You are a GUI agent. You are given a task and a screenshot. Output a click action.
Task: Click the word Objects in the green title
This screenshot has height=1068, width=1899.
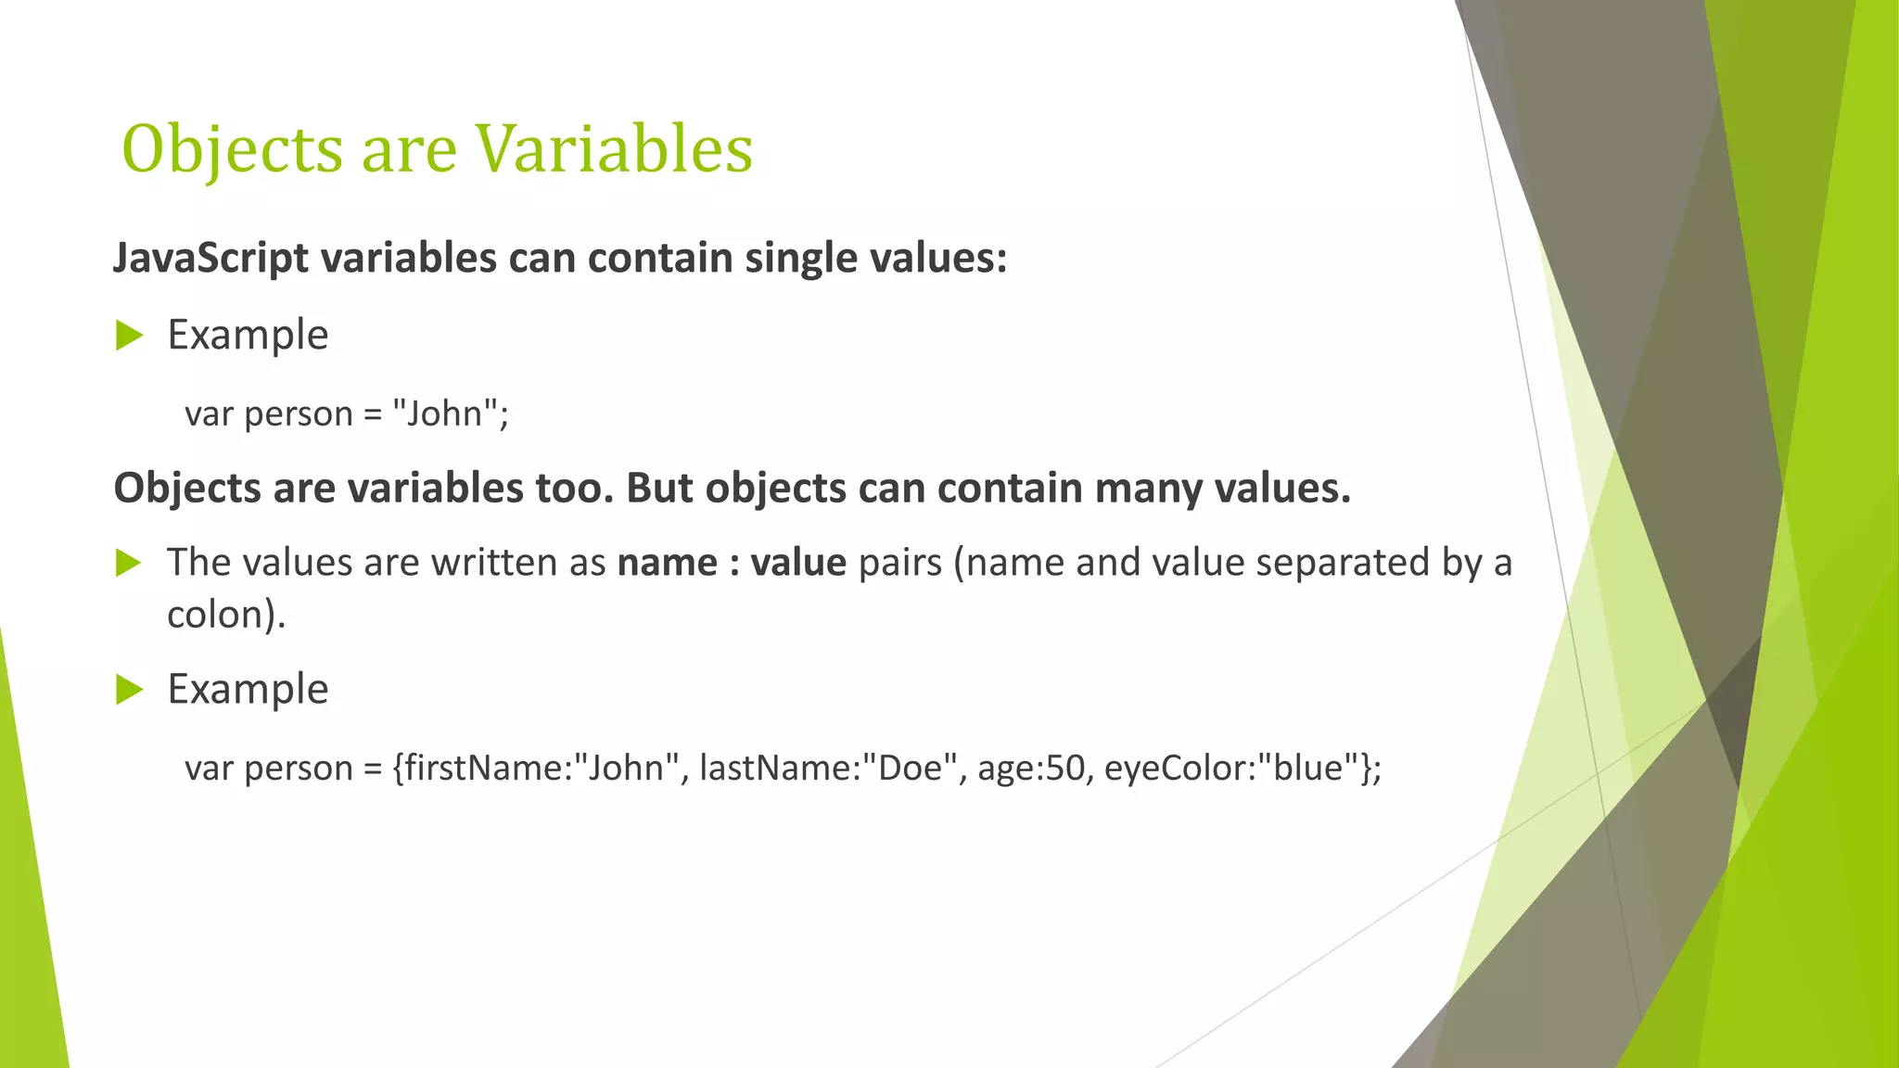tap(232, 149)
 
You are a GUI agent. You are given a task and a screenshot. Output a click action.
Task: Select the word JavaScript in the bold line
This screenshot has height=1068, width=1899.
tap(210, 258)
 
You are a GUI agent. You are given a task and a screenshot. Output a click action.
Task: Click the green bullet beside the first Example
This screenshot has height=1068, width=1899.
tap(129, 336)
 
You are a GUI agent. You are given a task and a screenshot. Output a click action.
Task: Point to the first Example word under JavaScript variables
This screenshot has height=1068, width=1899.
tap(248, 335)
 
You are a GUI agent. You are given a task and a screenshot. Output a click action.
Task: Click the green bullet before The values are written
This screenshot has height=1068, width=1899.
tap(129, 563)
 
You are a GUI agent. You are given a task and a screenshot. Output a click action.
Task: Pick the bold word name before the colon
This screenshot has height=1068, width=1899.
tap(667, 563)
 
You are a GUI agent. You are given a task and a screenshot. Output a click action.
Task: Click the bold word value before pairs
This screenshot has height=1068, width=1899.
tap(797, 563)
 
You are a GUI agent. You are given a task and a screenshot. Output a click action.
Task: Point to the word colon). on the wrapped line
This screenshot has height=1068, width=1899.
tap(226, 615)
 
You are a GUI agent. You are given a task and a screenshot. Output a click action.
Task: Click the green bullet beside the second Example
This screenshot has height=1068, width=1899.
tap(129, 690)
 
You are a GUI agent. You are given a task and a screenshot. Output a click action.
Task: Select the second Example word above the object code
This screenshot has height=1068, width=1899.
tap(248, 689)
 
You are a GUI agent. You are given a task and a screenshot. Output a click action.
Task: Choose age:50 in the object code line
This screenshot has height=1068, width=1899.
tap(1030, 768)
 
